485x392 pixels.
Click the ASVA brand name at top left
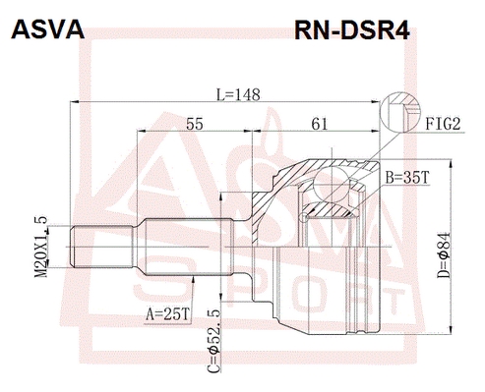[x=48, y=29]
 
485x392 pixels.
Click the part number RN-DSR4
[x=352, y=30]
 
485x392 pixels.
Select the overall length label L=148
[x=239, y=94]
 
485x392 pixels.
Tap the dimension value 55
[x=195, y=124]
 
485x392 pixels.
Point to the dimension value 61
[x=320, y=124]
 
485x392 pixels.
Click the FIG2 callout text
[x=444, y=124]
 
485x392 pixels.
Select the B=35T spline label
[x=407, y=178]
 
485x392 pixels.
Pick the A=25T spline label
[x=168, y=314]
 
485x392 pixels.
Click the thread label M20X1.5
[x=41, y=247]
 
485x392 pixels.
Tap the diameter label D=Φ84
[x=444, y=255]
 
